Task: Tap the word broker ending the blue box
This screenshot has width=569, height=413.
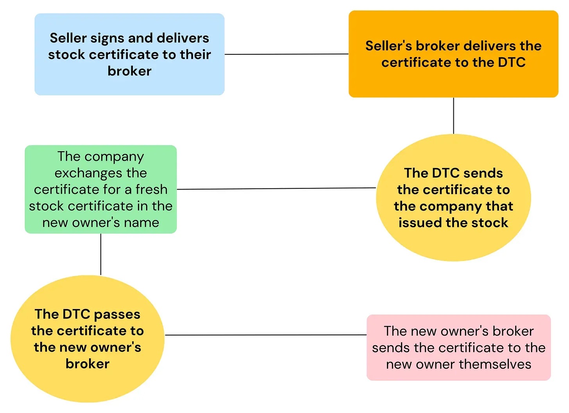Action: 130,71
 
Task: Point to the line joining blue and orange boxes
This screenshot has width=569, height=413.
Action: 287,54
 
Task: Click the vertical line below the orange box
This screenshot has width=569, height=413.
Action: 454,116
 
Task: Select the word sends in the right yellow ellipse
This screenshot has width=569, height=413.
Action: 483,173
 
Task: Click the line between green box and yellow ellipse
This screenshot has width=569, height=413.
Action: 276,189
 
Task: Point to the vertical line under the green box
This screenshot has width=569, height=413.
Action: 101,254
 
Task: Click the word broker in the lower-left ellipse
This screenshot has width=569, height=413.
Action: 88,364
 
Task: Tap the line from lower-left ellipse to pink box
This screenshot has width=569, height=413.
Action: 266,335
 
